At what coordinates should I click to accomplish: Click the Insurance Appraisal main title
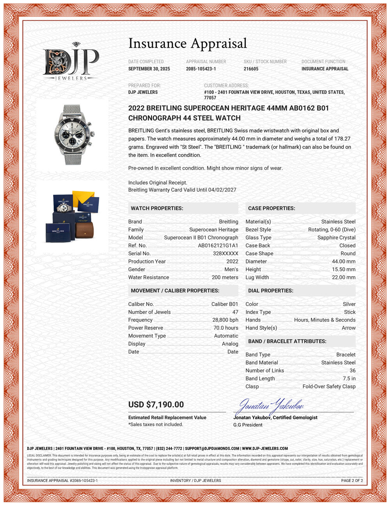click(x=188, y=43)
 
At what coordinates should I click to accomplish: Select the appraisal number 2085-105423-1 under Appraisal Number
click(x=201, y=69)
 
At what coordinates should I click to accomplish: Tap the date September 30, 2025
click(x=149, y=69)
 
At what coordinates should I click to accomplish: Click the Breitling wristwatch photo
click(x=72, y=134)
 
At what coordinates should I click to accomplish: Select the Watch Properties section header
click(x=157, y=208)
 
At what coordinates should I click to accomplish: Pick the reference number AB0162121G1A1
click(x=218, y=245)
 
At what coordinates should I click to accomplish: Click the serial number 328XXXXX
click(x=225, y=254)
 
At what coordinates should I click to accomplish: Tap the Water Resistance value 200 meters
click(x=225, y=277)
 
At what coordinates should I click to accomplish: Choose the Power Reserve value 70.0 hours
click(x=225, y=328)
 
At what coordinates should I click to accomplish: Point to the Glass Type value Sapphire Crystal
click(x=336, y=238)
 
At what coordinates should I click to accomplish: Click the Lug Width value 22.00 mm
click(x=343, y=277)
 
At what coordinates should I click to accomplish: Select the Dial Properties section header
click(x=270, y=291)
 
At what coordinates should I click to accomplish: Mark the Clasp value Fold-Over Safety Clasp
click(x=329, y=386)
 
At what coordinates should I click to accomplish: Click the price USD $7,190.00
click(x=156, y=405)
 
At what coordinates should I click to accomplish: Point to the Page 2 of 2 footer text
click(x=352, y=480)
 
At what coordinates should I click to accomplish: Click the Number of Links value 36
click(x=353, y=370)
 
